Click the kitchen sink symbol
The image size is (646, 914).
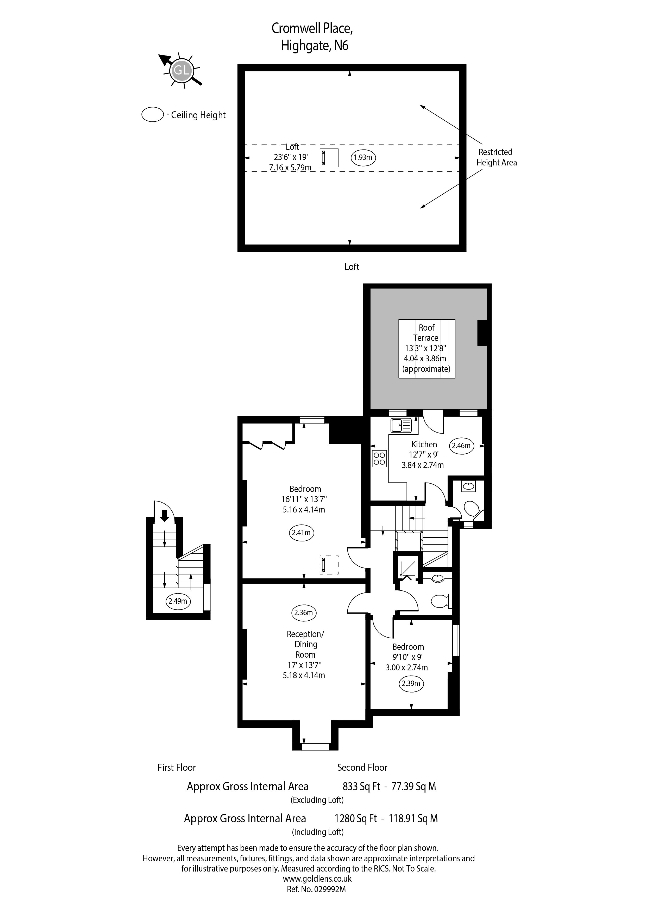click(401, 425)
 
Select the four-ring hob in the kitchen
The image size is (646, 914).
click(379, 458)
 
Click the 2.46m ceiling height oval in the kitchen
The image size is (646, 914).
click(461, 446)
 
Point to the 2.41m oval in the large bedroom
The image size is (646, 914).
click(301, 533)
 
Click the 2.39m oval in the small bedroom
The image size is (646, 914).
click(411, 683)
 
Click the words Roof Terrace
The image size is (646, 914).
click(426, 333)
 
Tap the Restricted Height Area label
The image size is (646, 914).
click(497, 157)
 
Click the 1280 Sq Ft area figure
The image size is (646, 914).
click(355, 818)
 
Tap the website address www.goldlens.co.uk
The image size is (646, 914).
click(317, 879)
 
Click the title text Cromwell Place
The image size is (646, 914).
click(312, 29)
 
